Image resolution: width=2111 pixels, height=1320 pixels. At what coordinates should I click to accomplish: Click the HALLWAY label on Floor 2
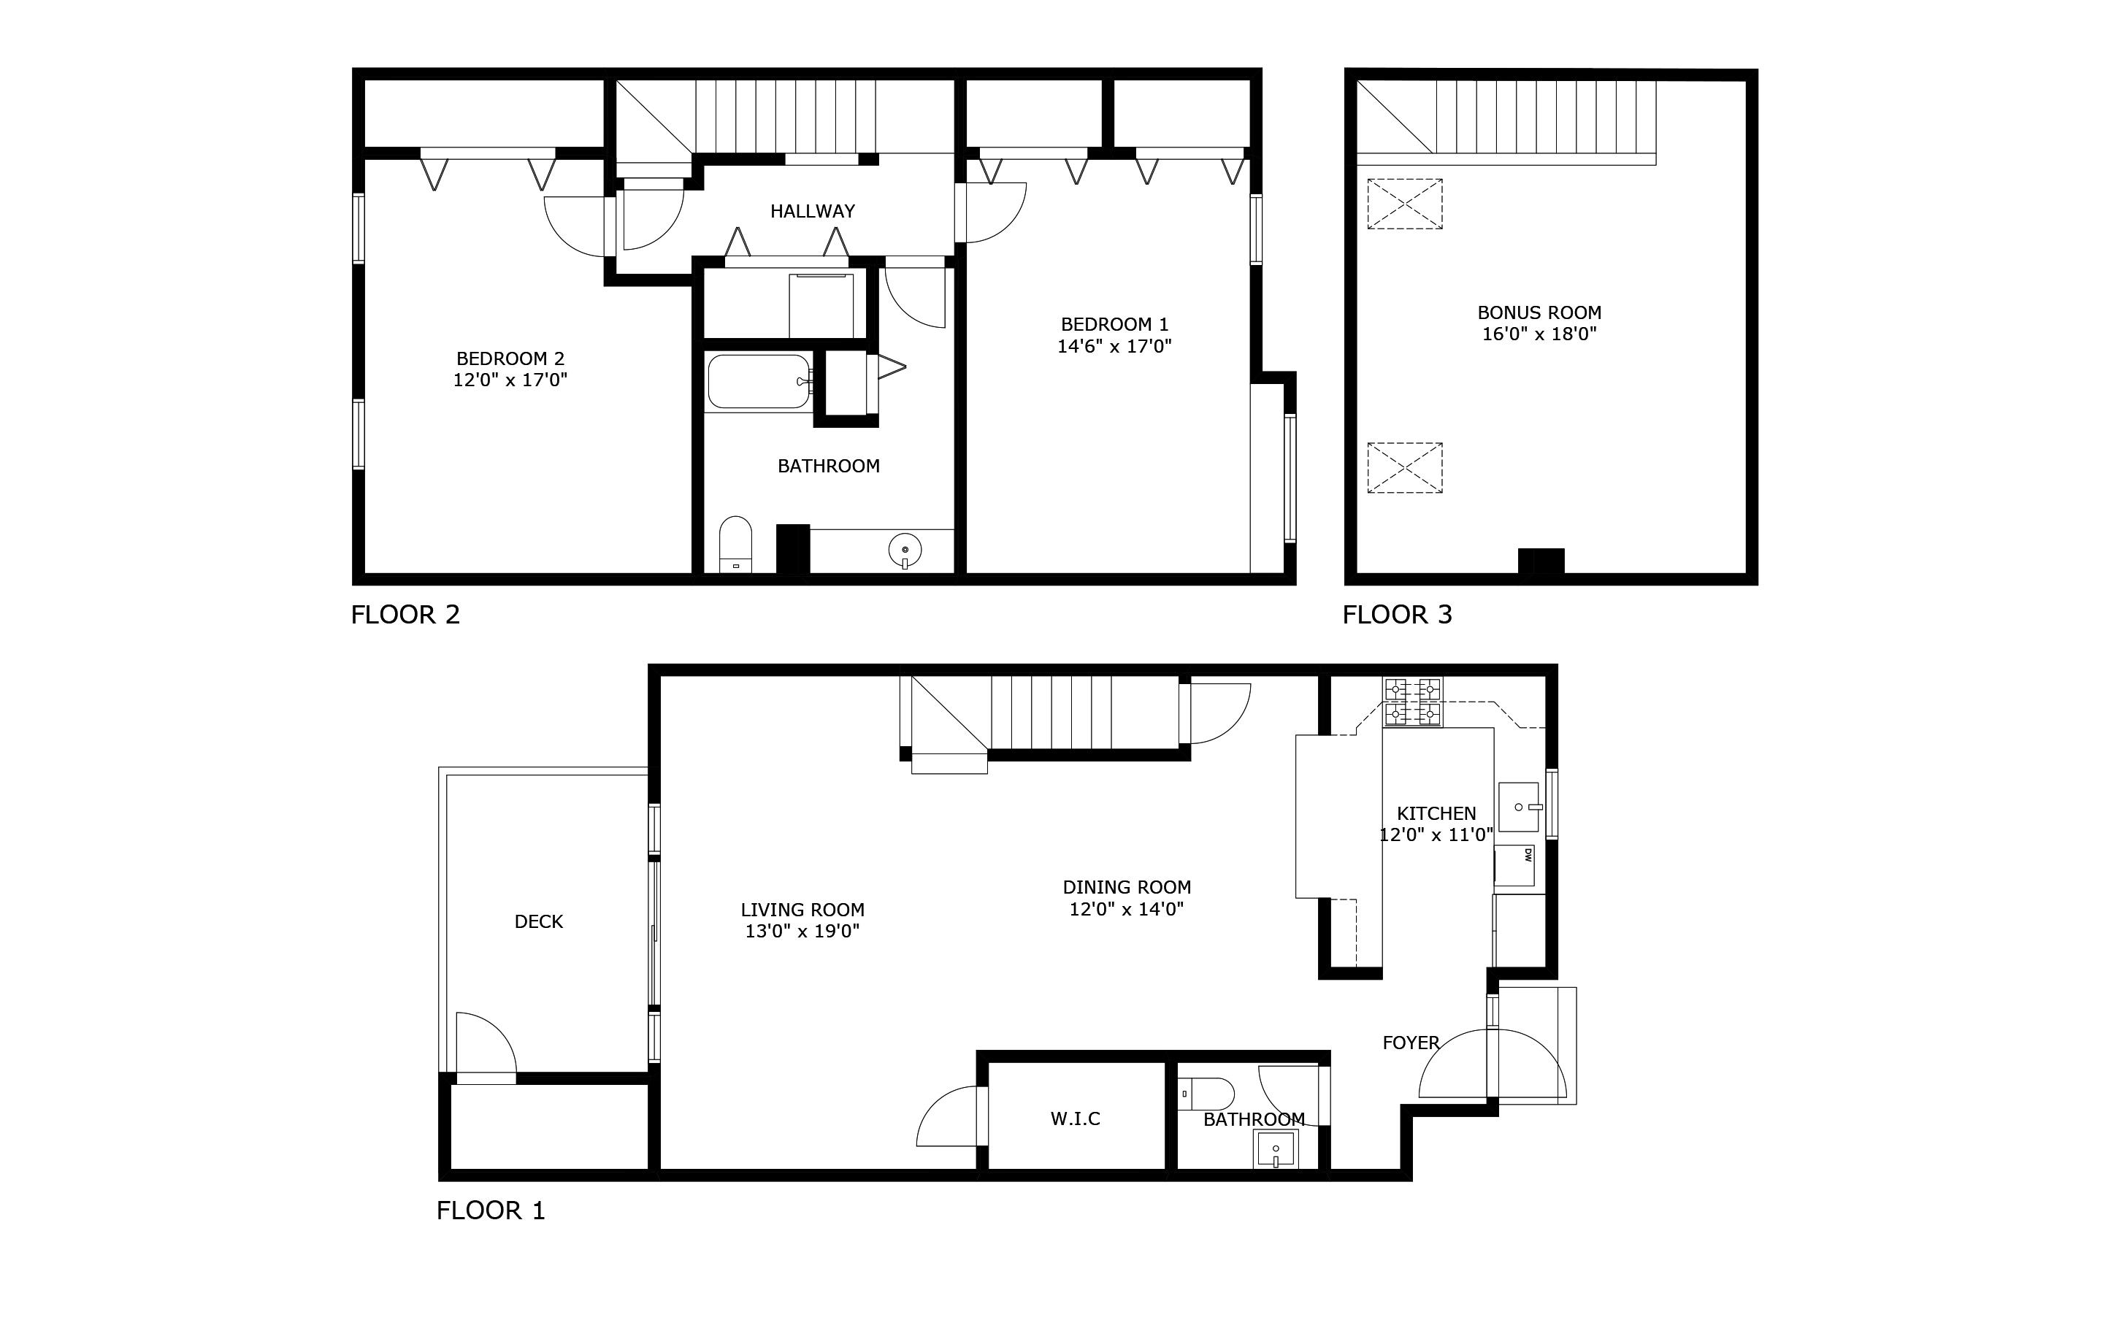coord(812,210)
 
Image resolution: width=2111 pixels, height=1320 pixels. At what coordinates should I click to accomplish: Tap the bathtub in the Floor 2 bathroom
coord(758,382)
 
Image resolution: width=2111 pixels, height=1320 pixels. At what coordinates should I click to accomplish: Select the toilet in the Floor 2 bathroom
coord(735,543)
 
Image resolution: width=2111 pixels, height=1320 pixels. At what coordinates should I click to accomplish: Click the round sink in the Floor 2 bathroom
coord(905,550)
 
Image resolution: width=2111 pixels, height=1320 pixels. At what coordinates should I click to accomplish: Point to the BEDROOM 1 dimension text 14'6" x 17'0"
coord(1114,346)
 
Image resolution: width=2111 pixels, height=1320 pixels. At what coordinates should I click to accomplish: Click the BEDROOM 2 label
coord(510,358)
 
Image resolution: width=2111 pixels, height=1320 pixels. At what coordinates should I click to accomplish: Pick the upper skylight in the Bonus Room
coord(1404,204)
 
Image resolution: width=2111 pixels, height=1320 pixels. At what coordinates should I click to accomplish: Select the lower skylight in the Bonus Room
coord(1404,468)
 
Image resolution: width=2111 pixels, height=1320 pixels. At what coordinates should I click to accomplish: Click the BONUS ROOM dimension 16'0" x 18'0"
coord(1539,334)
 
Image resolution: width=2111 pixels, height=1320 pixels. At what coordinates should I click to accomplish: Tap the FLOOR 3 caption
coord(1397,615)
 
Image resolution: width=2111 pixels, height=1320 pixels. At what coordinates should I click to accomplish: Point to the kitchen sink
coord(1519,807)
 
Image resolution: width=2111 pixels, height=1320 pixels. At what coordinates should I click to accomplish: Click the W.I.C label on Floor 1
coord(1075,1118)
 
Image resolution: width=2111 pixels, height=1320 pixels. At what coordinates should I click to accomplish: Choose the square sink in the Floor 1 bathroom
coord(1276,1149)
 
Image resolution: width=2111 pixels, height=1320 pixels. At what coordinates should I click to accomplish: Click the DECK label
coord(539,921)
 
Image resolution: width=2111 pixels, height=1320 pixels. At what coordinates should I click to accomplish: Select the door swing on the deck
coord(486,1046)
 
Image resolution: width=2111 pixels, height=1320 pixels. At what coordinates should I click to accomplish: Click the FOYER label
coord(1410,1043)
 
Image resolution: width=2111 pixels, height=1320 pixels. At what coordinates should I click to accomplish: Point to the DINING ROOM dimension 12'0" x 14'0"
coord(1126,909)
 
